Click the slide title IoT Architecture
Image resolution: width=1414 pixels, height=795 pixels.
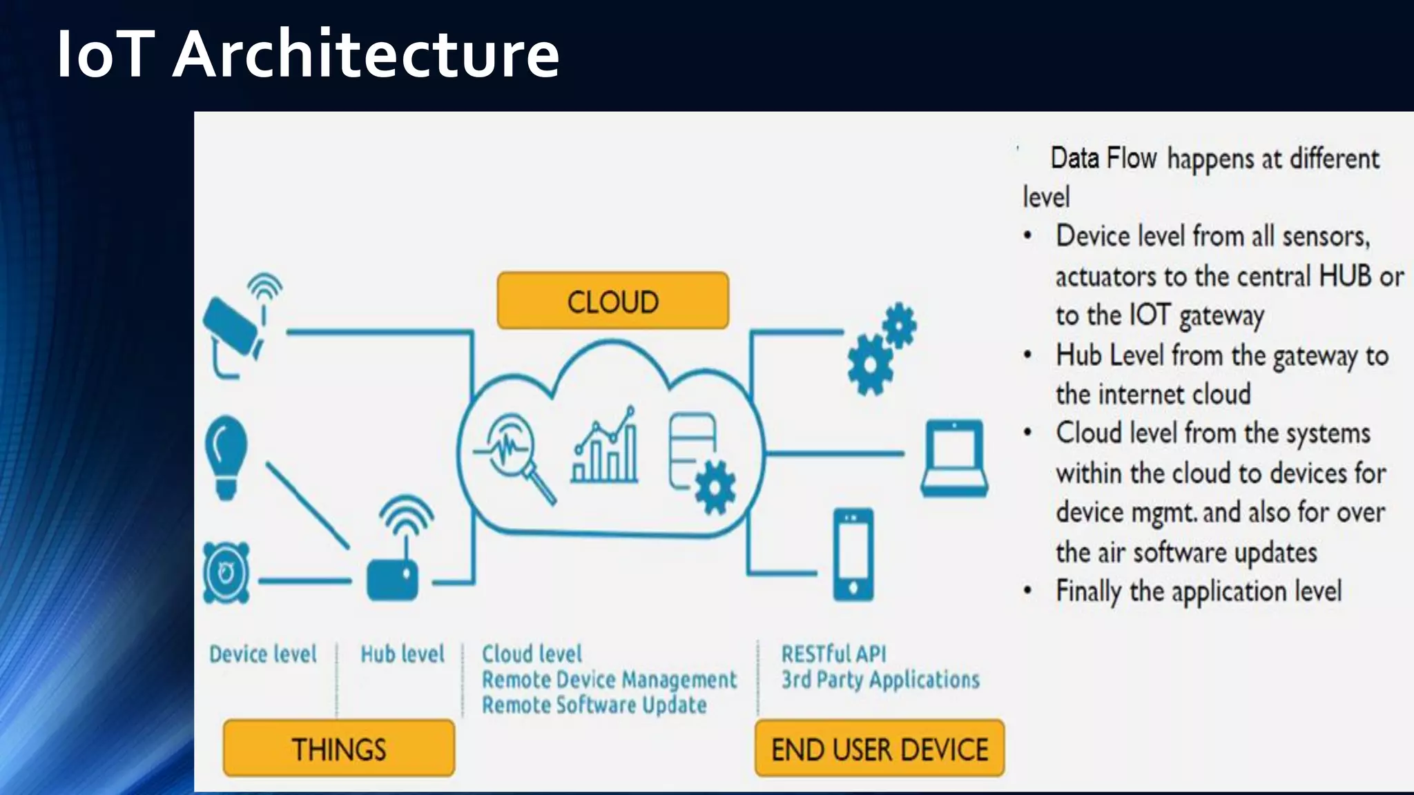point(307,54)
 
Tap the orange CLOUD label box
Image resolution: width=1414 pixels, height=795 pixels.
point(612,301)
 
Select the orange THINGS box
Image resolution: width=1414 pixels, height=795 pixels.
point(339,749)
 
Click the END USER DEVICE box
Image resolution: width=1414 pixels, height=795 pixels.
point(880,749)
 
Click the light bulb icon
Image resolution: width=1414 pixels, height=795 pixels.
point(226,455)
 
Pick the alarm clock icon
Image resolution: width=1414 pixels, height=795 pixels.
point(226,573)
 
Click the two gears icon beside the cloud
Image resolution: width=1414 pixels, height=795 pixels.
point(880,349)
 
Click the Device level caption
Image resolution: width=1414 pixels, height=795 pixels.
point(262,654)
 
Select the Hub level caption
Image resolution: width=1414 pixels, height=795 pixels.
point(403,654)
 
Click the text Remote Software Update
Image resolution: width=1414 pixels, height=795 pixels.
point(594,705)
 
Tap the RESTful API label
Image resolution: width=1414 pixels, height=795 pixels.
point(833,654)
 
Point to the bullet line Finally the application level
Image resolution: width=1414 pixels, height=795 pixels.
point(1199,591)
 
